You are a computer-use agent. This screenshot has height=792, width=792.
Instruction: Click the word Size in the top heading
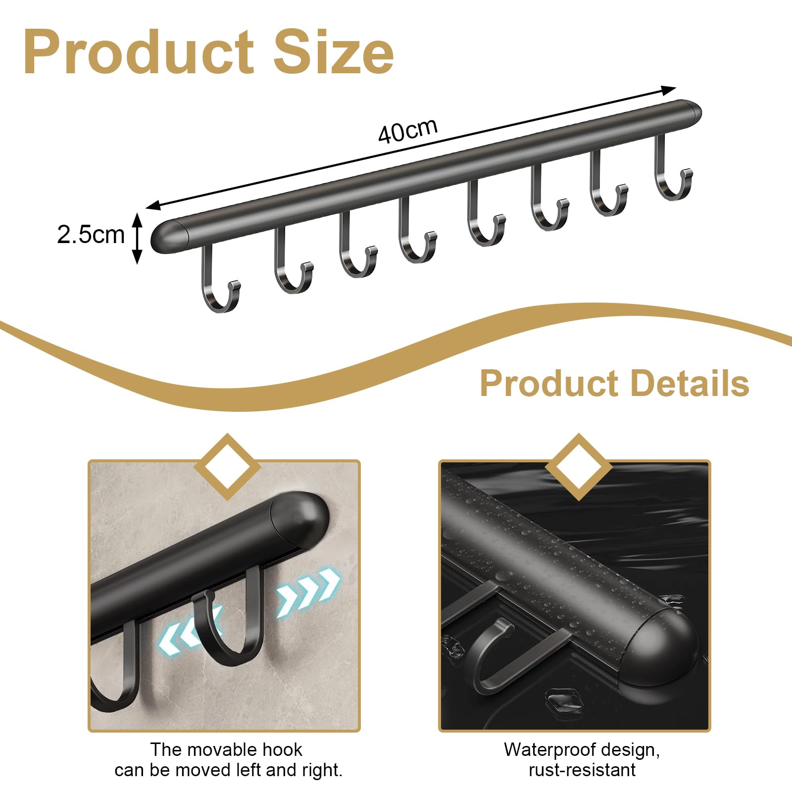[x=334, y=52]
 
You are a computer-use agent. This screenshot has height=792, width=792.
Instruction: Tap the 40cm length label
[x=408, y=131]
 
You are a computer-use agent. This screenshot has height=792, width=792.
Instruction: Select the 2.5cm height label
[x=91, y=234]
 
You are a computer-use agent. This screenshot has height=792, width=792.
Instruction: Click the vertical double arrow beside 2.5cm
[x=138, y=238]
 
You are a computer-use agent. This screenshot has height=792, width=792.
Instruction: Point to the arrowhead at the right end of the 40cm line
[x=668, y=90]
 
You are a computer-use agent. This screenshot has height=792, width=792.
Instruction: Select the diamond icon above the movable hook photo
[x=228, y=467]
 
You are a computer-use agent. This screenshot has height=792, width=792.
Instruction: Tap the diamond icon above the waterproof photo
[x=579, y=467]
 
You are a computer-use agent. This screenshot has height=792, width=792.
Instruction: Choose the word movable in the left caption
[x=227, y=749]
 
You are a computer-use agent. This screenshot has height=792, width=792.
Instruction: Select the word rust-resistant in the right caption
[x=582, y=770]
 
